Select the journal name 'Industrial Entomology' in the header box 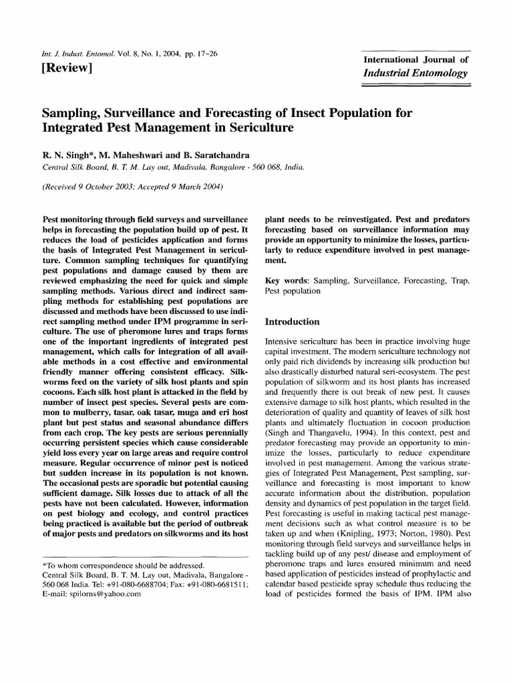[415, 73]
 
